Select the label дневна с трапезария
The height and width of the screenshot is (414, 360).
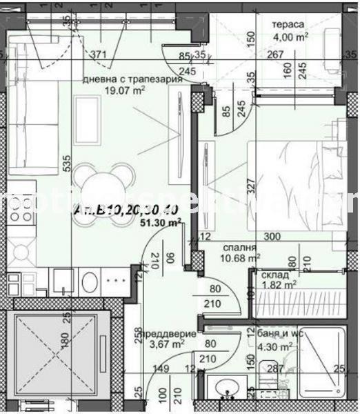(132, 79)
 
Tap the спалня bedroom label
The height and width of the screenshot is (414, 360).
(240, 246)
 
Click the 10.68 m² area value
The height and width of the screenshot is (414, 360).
(234, 258)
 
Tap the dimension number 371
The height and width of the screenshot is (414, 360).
(99, 55)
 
